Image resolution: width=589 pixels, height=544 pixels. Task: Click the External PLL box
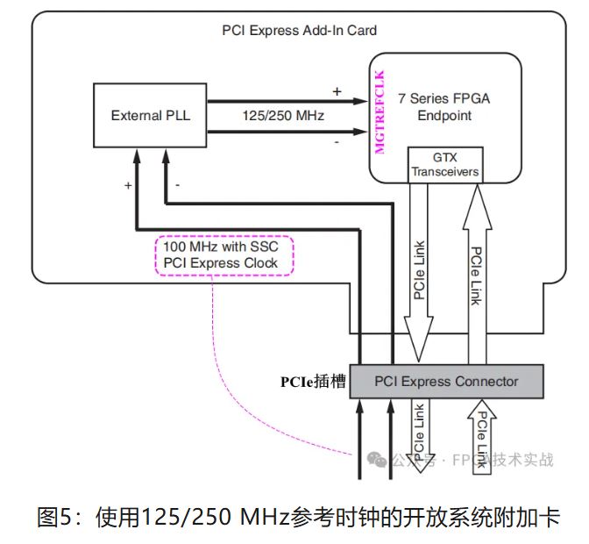click(x=150, y=115)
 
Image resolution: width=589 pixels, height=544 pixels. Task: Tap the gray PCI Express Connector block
click(x=446, y=381)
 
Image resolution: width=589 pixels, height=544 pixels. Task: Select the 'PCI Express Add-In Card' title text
click(x=299, y=31)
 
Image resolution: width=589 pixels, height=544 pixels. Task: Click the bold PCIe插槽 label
click(x=313, y=382)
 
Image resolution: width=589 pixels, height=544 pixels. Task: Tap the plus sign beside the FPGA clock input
click(x=337, y=90)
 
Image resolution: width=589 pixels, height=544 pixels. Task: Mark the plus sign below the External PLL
click(x=128, y=186)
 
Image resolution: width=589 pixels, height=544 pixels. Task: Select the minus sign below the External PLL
click(x=178, y=186)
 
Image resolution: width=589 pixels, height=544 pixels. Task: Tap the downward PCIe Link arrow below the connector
click(x=419, y=434)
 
